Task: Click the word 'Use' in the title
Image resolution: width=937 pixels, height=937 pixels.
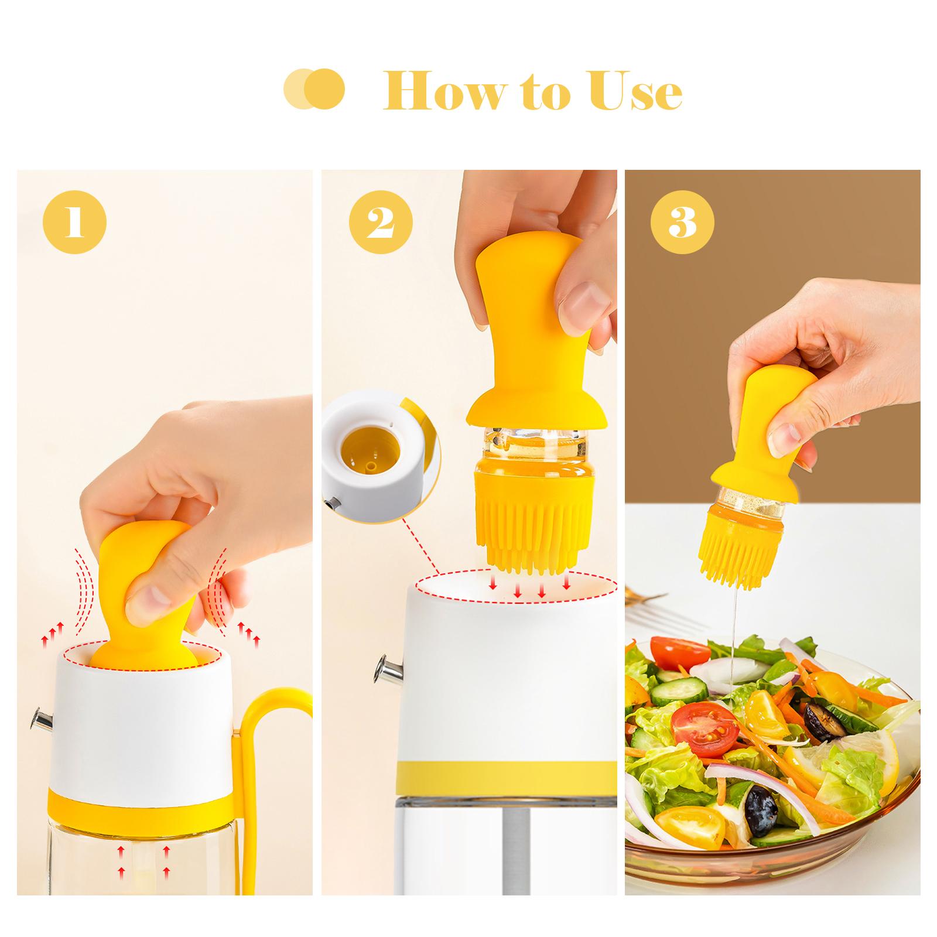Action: click(636, 92)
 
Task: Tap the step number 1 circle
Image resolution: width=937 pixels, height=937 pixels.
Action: click(74, 223)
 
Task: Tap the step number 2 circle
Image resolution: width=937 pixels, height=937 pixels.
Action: click(381, 223)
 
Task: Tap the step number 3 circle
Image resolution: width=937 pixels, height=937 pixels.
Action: click(682, 223)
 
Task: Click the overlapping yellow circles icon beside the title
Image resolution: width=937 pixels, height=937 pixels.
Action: click(313, 90)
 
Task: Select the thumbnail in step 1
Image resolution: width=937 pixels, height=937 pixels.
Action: click(147, 609)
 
